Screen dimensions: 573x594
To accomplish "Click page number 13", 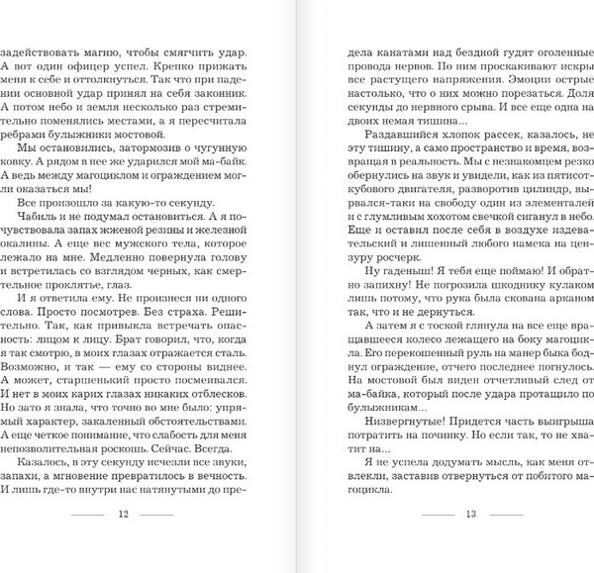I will click(470, 541).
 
